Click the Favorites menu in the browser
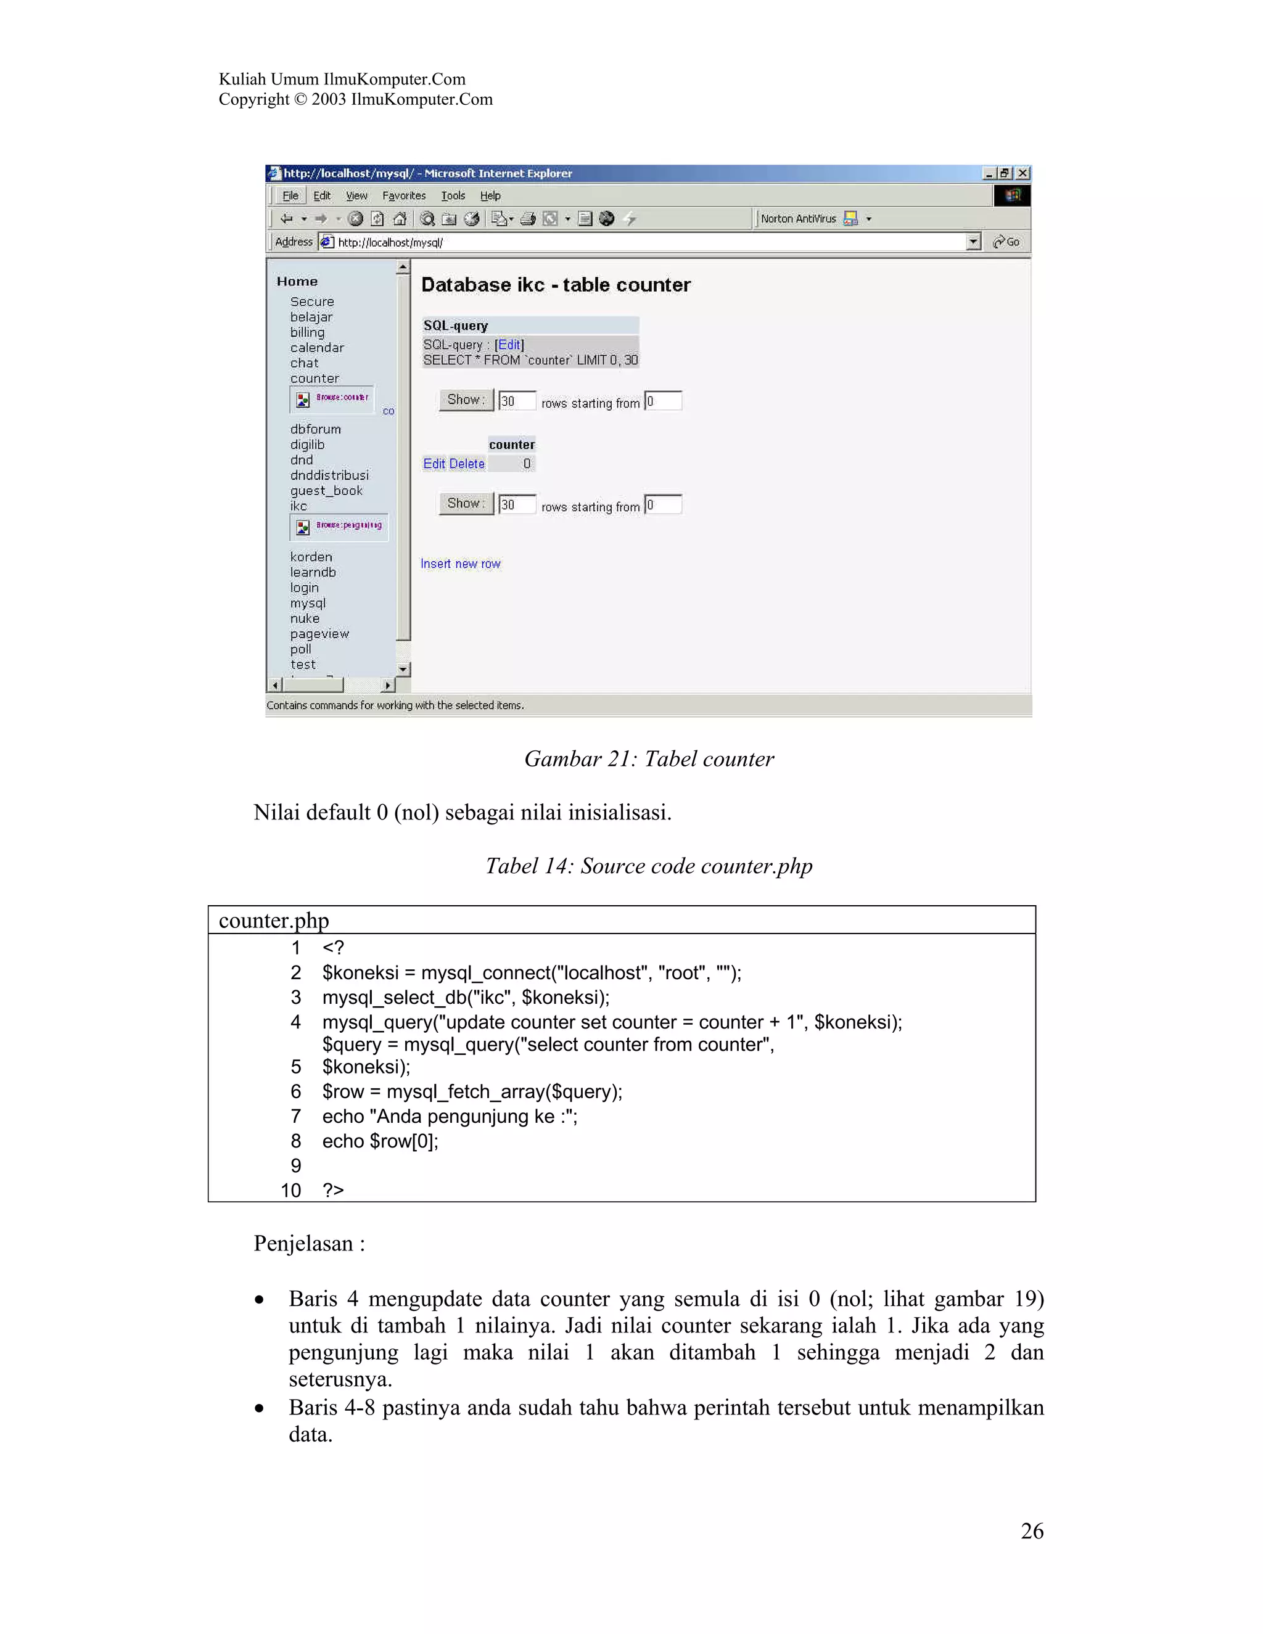403,196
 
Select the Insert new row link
460,564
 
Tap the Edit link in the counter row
434,464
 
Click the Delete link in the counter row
467,464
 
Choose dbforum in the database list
315,429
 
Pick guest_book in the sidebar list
326,490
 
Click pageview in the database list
319,634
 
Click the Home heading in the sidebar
297,281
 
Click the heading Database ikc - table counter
555,285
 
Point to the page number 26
1032,1531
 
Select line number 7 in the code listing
295,1116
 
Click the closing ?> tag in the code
333,1190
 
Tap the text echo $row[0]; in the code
380,1141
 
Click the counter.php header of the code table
274,920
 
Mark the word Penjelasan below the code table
303,1244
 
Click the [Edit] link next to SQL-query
509,344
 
